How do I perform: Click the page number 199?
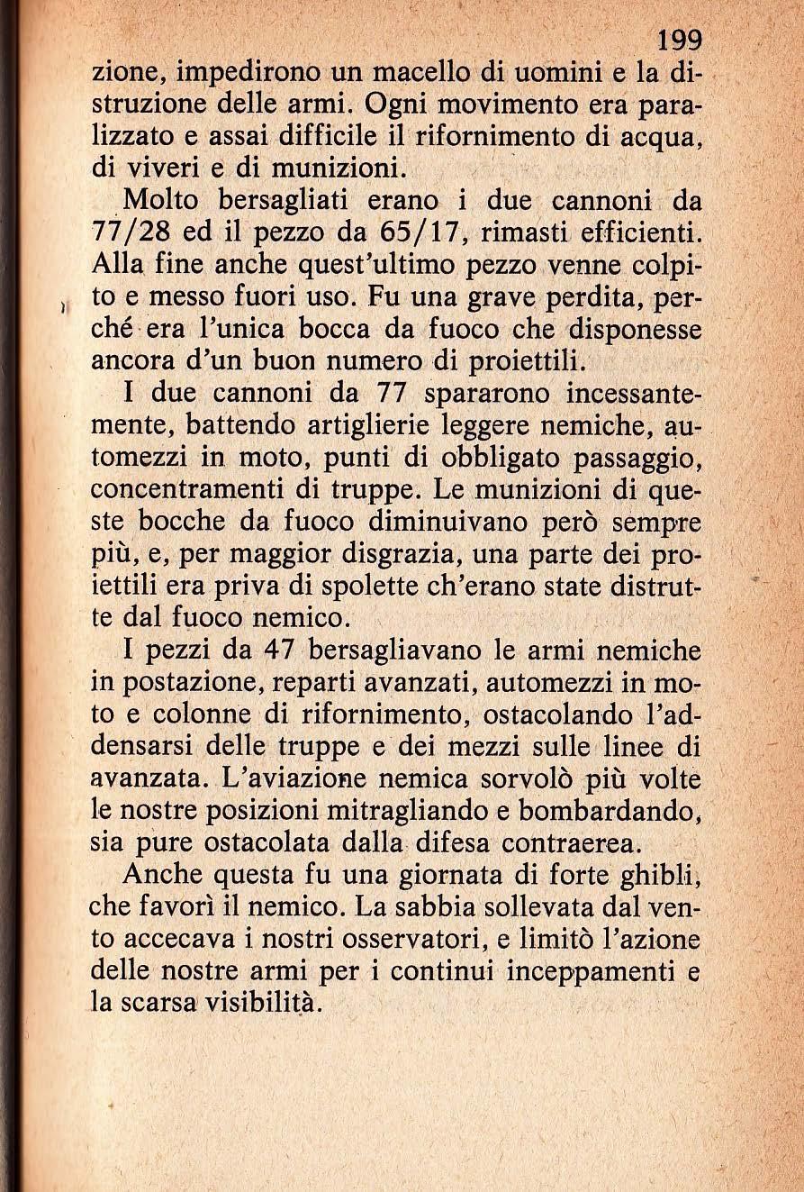680,41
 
